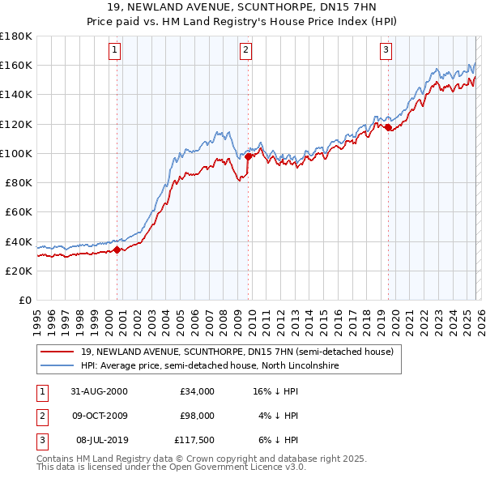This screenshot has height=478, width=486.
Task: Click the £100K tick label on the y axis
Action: coord(16,153)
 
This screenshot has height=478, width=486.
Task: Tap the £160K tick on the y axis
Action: coord(16,65)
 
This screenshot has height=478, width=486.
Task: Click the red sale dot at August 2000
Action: coord(117,250)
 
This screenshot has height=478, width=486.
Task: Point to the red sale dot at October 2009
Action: coord(248,156)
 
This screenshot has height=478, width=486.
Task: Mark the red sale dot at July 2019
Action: coord(388,127)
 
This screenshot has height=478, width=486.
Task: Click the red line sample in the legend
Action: coord(58,352)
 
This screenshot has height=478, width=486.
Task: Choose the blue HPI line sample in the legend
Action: coord(58,365)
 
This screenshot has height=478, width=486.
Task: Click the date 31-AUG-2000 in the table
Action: coord(99,391)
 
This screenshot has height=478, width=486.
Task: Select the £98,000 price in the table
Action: coord(196,416)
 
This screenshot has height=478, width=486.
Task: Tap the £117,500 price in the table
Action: coord(194,440)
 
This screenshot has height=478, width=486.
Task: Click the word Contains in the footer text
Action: coord(56,459)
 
